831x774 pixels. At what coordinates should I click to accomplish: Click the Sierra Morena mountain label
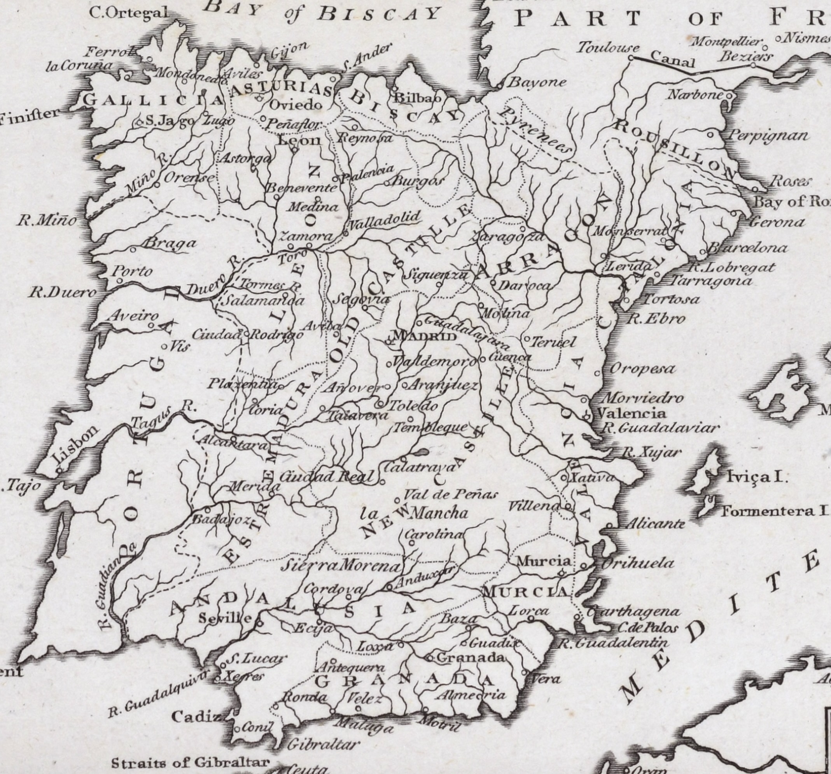pyautogui.click(x=340, y=566)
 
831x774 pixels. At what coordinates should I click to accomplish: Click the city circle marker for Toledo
pyautogui.click(x=380, y=405)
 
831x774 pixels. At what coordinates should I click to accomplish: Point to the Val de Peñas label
pyautogui.click(x=450, y=495)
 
